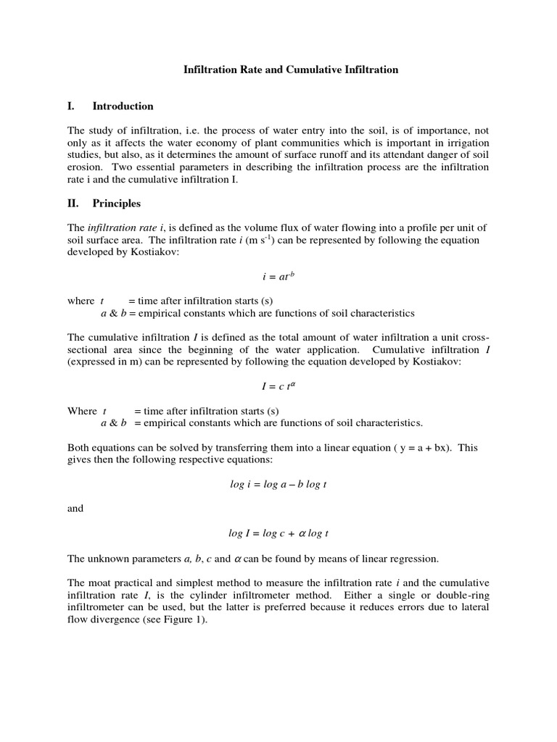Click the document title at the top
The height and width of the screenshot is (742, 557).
tap(289, 70)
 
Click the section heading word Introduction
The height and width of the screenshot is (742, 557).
tap(123, 106)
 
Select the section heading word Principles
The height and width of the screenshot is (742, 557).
tap(117, 203)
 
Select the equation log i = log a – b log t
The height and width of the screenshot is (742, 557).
tap(278, 483)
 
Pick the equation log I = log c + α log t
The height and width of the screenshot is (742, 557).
tap(278, 533)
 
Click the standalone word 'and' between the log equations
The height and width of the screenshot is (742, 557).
tap(75, 508)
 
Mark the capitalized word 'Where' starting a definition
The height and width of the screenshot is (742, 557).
tap(81, 410)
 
